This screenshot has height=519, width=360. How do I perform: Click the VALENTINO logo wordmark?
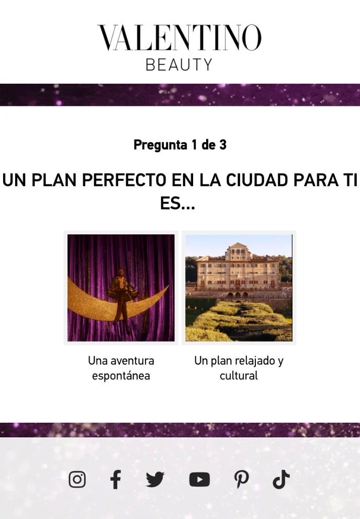pyautogui.click(x=179, y=38)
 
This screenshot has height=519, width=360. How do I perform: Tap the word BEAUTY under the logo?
pyautogui.click(x=179, y=65)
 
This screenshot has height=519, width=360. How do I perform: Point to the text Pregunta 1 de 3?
pyautogui.click(x=179, y=145)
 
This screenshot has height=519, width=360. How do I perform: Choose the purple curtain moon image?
pyautogui.click(x=121, y=288)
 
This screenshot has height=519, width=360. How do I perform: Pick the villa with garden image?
pyautogui.click(x=239, y=288)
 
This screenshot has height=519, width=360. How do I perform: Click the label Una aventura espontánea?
pyautogui.click(x=121, y=368)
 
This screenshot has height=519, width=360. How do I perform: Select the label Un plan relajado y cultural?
pyautogui.click(x=239, y=368)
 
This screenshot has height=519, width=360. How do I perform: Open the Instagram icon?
pyautogui.click(x=77, y=479)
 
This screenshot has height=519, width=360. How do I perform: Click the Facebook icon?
pyautogui.click(x=116, y=479)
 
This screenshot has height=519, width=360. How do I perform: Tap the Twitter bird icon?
pyautogui.click(x=155, y=479)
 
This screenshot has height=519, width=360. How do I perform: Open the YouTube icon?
pyautogui.click(x=199, y=479)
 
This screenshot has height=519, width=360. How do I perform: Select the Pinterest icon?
pyautogui.click(x=241, y=479)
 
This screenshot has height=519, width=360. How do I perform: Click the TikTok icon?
pyautogui.click(x=281, y=479)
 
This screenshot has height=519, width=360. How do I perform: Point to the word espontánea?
pyautogui.click(x=121, y=376)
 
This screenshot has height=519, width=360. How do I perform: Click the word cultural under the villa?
pyautogui.click(x=239, y=376)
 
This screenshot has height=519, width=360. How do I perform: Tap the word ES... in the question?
pyautogui.click(x=177, y=204)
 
